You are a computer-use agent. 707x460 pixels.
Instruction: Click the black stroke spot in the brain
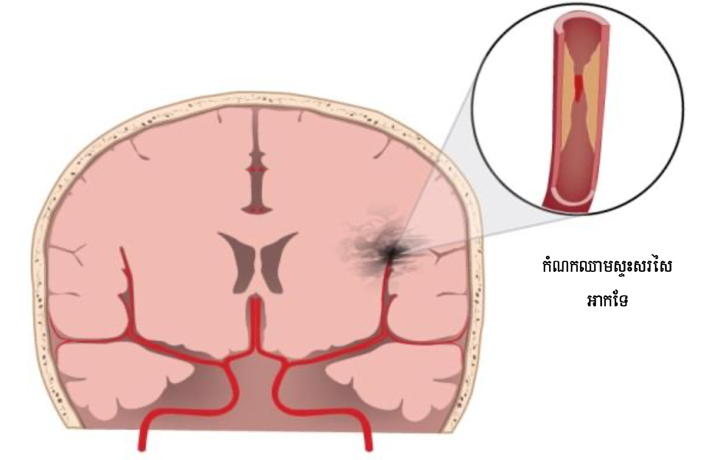389,252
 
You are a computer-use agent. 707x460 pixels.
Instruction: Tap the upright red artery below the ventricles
255,319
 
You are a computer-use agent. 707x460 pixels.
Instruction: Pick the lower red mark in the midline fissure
256,209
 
